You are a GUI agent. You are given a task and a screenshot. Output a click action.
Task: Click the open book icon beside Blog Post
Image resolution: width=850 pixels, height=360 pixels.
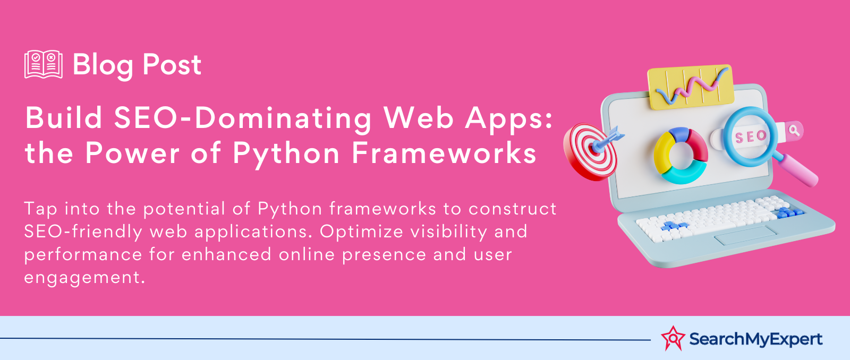[43, 64]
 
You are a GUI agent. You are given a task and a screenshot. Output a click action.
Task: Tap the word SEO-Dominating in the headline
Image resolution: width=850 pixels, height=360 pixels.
[243, 117]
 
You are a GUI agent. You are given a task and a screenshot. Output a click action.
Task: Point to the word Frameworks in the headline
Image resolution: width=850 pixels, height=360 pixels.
[444, 153]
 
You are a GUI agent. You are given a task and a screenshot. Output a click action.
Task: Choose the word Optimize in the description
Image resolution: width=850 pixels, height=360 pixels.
[361, 232]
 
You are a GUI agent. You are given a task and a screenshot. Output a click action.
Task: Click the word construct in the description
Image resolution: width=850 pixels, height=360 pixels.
[513, 209]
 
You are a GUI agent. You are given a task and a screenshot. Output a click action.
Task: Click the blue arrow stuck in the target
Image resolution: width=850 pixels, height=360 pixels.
[608, 139]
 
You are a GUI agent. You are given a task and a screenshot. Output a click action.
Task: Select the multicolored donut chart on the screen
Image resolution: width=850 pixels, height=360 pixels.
[681, 156]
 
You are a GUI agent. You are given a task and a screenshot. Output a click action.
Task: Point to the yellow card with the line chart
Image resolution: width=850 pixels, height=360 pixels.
[691, 87]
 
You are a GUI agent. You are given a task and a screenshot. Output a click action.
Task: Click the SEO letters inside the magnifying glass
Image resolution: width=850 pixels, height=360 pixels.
[751, 136]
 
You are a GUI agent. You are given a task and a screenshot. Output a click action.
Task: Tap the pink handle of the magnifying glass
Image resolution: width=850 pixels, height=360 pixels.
[797, 170]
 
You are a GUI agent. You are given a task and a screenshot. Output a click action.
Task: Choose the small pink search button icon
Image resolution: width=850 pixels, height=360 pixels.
[794, 131]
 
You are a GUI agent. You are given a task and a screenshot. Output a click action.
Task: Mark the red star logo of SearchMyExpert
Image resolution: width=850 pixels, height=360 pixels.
[673, 338]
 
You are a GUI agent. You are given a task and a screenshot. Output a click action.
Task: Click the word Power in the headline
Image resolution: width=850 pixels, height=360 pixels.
[132, 153]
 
